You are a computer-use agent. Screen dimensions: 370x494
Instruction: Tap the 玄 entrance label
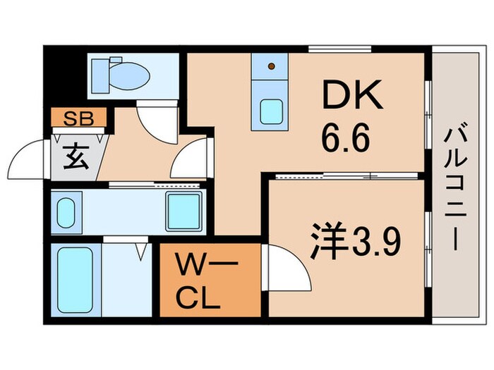pyautogui.click(x=76, y=156)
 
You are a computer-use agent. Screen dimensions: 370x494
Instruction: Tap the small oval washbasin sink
pyautogui.click(x=66, y=212)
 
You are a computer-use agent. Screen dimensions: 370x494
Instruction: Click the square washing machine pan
pyautogui.click(x=184, y=210)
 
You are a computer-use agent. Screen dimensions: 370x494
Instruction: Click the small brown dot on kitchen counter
pyautogui.click(x=272, y=66)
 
